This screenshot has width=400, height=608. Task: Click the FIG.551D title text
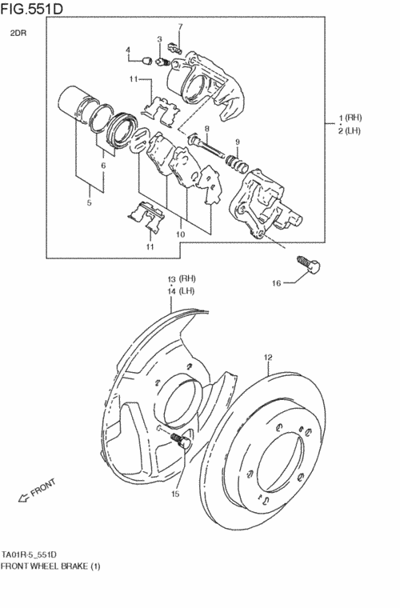(x=31, y=9)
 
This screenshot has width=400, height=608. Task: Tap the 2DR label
(x=18, y=34)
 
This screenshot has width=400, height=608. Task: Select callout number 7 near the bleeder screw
(x=180, y=26)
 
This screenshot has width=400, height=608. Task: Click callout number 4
(x=127, y=50)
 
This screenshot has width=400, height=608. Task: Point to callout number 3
(x=159, y=38)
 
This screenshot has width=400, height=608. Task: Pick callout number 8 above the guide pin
(x=207, y=128)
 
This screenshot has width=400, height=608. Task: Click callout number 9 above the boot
(x=238, y=142)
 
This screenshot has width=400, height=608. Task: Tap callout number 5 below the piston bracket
(x=89, y=202)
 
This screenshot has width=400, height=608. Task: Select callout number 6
(x=103, y=166)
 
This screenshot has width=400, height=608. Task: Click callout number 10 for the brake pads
(x=180, y=234)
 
